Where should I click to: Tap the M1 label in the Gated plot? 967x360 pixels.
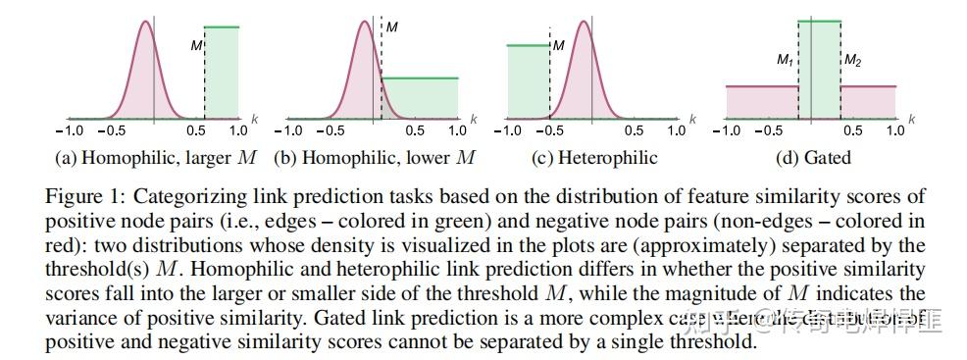click(785, 61)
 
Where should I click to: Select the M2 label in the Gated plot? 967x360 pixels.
click(852, 61)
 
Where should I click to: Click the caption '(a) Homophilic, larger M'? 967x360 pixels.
click(157, 157)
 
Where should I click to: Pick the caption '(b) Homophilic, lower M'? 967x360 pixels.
click(375, 157)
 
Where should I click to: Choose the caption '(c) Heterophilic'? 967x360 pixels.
click(594, 157)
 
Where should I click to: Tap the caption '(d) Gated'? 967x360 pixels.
click(812, 157)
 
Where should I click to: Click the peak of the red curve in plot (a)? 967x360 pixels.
click(144, 22)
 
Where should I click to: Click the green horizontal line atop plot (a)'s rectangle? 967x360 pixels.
click(221, 26)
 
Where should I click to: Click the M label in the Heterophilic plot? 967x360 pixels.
click(558, 45)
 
